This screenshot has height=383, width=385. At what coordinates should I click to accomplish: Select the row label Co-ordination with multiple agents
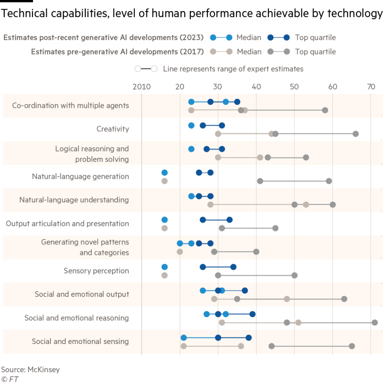tap(70, 106)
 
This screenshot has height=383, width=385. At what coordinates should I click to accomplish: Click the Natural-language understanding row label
tap(74, 200)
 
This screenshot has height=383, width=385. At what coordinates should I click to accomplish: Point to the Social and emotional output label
tap(81, 294)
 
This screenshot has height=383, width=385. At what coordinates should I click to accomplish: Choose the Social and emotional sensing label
tap(80, 341)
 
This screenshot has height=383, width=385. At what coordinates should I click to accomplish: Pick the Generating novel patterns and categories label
tap(85, 247)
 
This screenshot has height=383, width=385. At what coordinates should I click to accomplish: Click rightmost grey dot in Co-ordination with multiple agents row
tap(325, 110)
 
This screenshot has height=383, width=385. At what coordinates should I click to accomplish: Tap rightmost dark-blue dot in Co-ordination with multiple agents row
tap(237, 102)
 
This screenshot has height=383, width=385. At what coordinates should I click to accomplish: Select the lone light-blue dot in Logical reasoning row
tap(191, 149)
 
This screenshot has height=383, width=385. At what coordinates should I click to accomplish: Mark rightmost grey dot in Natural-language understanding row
tap(333, 204)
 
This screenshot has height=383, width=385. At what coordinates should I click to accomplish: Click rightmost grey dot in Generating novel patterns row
tap(256, 252)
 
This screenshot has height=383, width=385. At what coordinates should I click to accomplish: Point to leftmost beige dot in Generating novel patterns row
tap(180, 252)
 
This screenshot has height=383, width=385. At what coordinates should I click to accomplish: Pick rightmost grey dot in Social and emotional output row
tap(344, 299)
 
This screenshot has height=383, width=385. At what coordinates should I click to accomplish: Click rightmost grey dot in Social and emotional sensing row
tap(351, 346)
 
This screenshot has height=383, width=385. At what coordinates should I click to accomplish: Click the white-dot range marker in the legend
tap(146, 69)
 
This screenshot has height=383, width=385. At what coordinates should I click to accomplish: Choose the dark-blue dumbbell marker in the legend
tap(278, 37)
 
